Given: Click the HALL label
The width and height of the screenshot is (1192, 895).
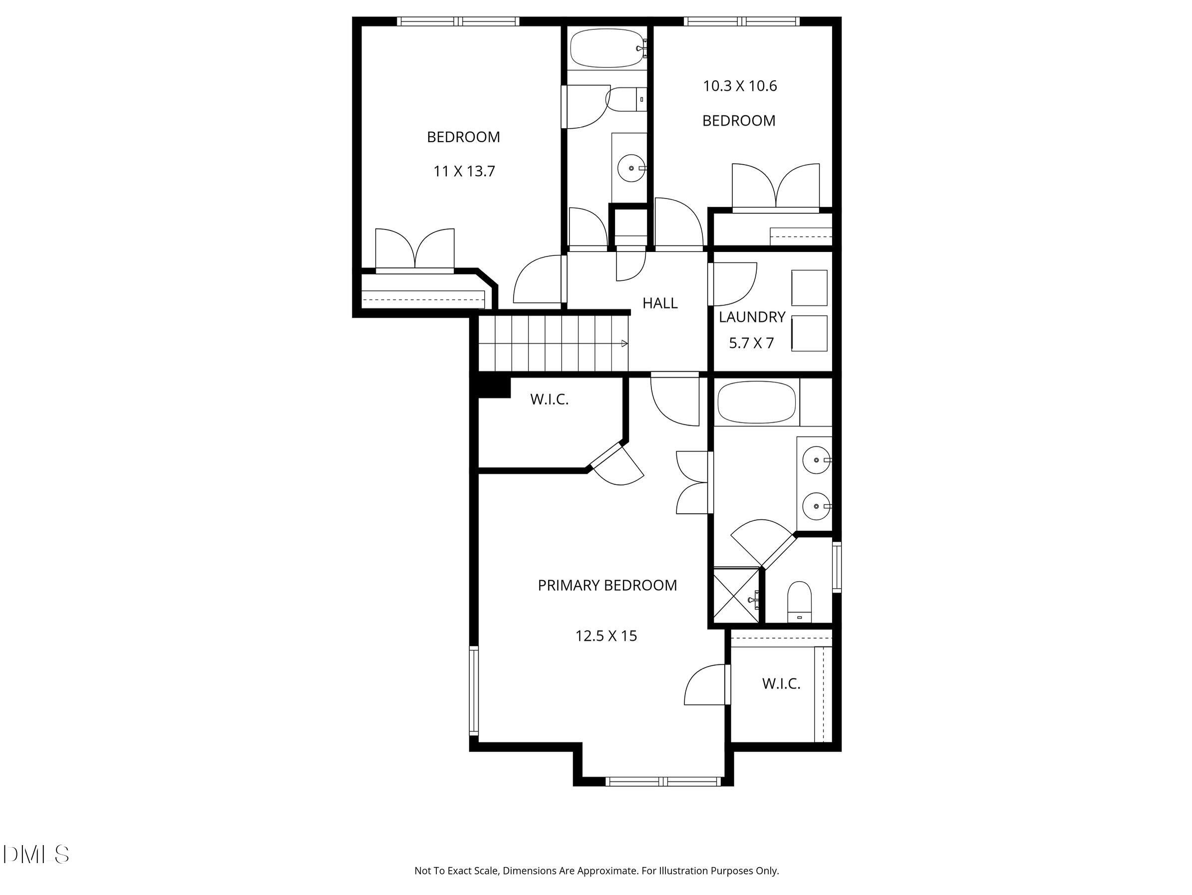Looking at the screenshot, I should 659,303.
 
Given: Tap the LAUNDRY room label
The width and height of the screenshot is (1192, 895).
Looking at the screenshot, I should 752,317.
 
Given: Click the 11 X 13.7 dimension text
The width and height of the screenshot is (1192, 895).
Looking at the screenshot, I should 464,171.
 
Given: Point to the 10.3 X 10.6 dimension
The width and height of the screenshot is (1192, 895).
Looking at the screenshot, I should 739,86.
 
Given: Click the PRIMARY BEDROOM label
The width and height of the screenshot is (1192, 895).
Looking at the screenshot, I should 607,585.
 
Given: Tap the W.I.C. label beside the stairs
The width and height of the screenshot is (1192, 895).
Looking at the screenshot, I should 549,400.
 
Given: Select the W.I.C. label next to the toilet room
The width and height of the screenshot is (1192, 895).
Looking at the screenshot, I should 781,684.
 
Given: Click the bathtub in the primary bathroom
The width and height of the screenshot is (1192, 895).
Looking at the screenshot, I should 756,402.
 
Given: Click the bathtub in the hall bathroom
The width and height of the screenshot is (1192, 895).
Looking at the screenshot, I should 607,48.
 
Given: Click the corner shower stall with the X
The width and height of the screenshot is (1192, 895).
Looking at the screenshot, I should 736,596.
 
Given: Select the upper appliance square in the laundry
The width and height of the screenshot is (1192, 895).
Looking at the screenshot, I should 809,287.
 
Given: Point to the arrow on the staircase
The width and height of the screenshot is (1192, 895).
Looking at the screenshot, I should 624,344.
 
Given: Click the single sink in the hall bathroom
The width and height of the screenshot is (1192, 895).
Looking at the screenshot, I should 631,169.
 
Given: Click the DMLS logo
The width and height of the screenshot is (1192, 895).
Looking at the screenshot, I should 35,855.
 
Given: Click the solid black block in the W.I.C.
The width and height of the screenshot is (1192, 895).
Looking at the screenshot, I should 494,387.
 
